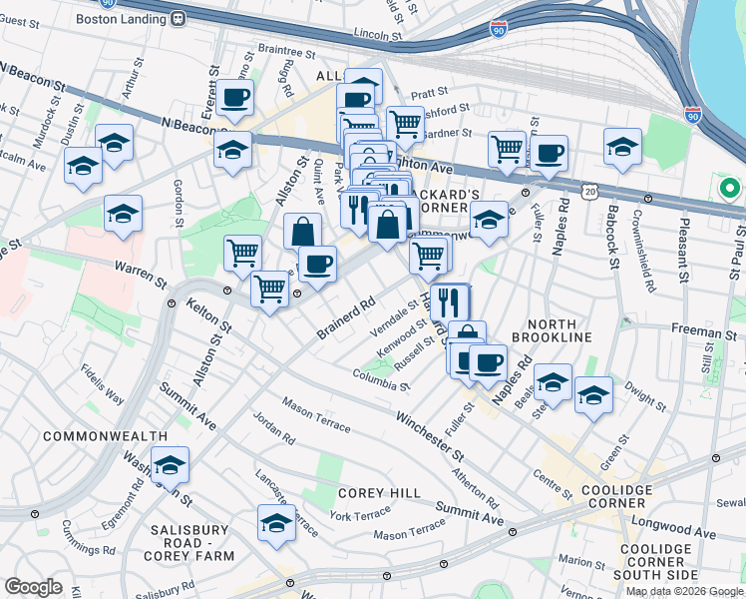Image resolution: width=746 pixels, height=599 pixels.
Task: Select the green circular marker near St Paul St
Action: [x=729, y=188]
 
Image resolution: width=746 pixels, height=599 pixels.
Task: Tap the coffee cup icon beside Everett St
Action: [x=235, y=98]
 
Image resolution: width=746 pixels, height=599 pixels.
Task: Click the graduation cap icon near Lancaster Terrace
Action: [x=276, y=521]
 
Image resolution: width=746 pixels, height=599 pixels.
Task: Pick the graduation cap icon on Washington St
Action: [x=171, y=464]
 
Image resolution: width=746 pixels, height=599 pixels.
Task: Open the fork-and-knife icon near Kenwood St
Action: [x=449, y=300]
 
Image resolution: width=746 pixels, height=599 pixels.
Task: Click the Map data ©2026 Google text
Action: [x=683, y=591]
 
